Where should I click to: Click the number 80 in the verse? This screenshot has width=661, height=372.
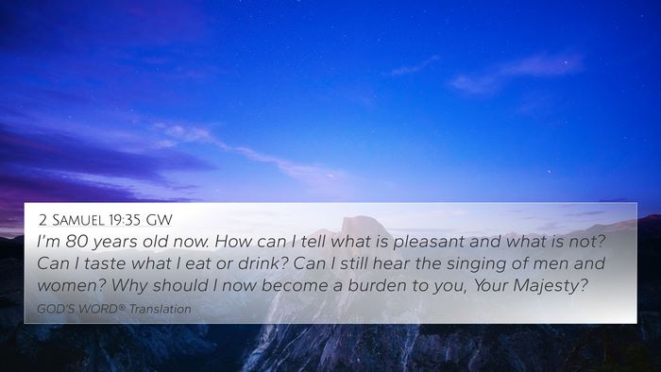click(77, 242)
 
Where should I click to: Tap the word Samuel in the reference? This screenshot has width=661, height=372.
click(77, 220)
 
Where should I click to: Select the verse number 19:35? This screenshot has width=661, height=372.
click(125, 220)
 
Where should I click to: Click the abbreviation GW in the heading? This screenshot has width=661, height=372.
click(160, 220)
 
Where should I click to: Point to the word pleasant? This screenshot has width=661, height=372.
click(429, 243)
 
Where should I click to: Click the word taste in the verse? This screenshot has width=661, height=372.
click(105, 263)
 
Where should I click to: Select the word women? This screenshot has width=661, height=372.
click(71, 286)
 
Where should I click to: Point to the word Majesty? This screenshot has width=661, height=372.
click(551, 286)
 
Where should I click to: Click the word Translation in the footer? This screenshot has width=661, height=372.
click(161, 309)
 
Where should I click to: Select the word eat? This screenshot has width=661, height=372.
click(198, 264)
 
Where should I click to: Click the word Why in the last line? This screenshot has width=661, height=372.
click(129, 286)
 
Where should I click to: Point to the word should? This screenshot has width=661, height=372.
click(180, 285)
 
